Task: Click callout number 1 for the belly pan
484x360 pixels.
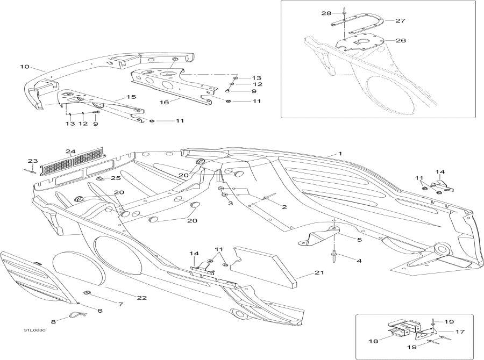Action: pyautogui.click(x=340, y=154)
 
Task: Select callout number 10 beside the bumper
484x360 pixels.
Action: pyautogui.click(x=24, y=67)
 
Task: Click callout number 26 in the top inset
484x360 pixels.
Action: pyautogui.click(x=401, y=40)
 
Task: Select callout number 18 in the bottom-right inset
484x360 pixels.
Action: pyautogui.click(x=371, y=341)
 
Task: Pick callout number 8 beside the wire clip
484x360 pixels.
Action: pyautogui.click(x=53, y=322)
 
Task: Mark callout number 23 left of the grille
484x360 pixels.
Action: pyautogui.click(x=32, y=161)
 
